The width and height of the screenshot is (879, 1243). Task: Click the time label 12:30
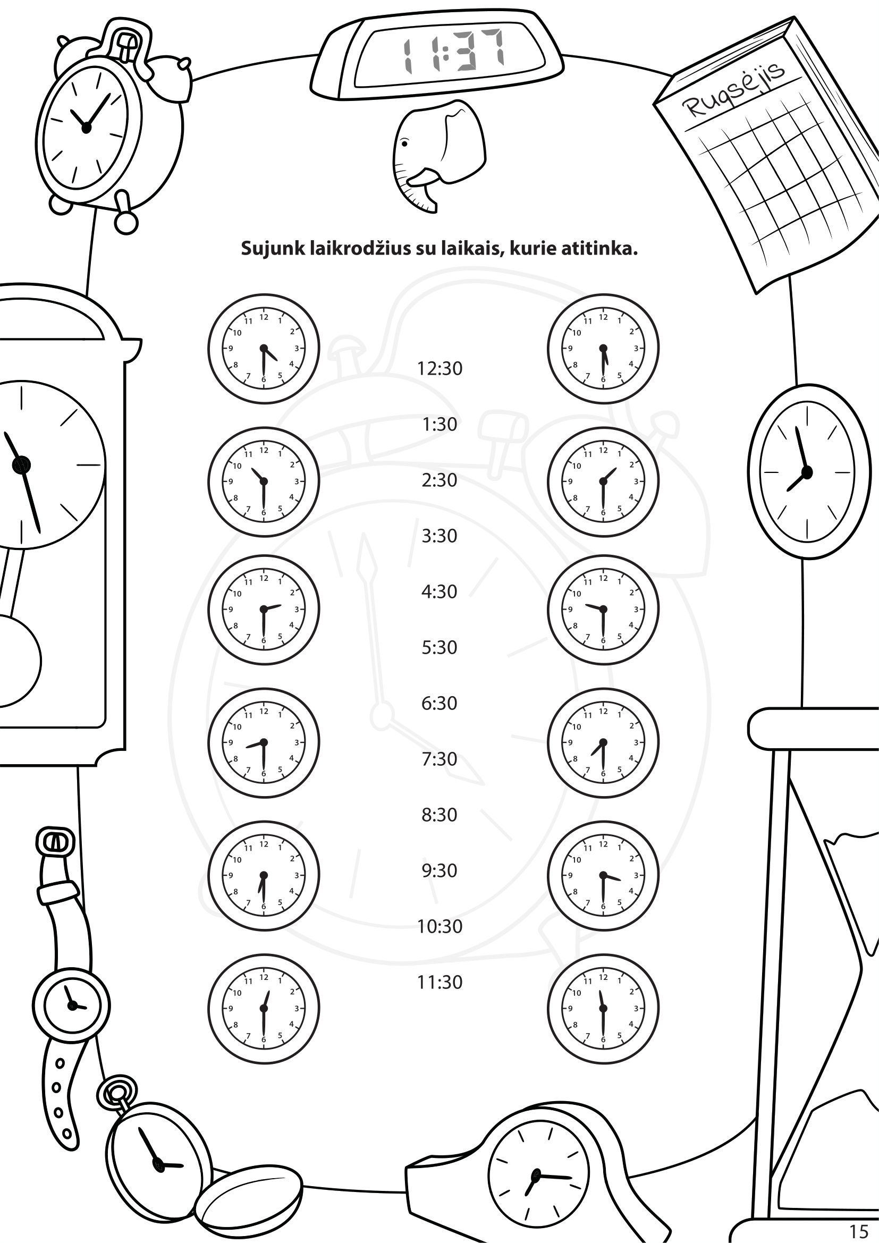click(x=439, y=368)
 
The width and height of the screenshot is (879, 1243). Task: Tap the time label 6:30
click(x=439, y=703)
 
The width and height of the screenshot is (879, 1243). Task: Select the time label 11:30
click(x=439, y=982)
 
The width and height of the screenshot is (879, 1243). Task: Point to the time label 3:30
click(x=439, y=536)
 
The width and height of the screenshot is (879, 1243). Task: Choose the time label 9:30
click(x=439, y=870)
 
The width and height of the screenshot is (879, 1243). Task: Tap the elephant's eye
click(x=404, y=143)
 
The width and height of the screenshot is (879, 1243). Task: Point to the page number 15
click(x=858, y=1231)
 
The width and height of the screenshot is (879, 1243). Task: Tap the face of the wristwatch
click(x=71, y=1006)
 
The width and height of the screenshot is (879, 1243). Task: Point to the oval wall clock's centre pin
click(x=807, y=472)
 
